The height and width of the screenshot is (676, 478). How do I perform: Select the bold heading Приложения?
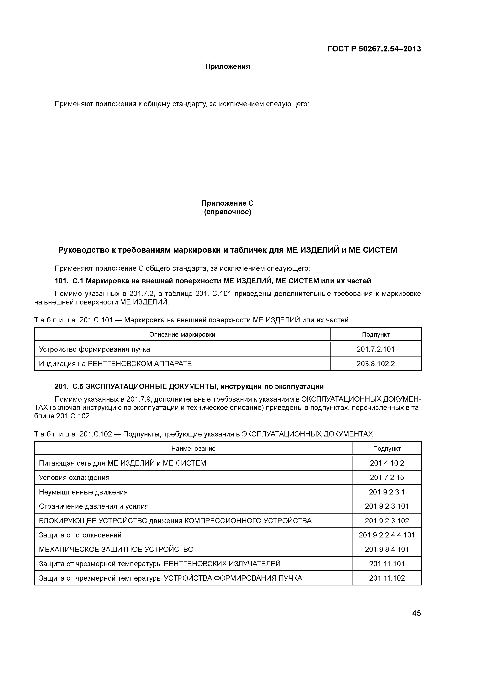(227, 66)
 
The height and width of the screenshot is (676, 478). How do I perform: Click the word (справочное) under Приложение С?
(227, 212)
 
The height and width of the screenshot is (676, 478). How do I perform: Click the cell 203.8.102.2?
(375, 364)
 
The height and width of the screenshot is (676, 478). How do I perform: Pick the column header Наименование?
(193, 448)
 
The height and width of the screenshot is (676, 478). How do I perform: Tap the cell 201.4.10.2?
(387, 463)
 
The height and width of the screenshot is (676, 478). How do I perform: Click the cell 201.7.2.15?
(387, 478)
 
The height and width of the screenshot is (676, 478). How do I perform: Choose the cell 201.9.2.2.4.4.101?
(387, 535)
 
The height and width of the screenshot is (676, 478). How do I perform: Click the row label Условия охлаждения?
(74, 478)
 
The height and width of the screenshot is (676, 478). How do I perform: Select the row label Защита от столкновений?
(80, 535)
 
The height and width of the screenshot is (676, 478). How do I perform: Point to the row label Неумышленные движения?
(83, 492)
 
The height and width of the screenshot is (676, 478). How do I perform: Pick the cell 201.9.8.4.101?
(387, 549)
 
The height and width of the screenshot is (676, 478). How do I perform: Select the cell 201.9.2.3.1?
(387, 492)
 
